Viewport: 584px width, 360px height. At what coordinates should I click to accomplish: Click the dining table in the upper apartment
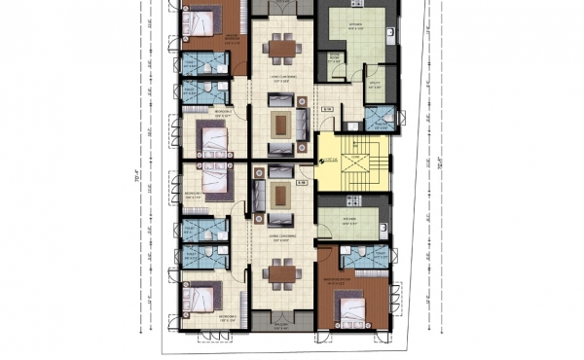pyautogui.click(x=283, y=47)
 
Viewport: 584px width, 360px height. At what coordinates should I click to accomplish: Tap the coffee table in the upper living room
pyautogui.click(x=282, y=122)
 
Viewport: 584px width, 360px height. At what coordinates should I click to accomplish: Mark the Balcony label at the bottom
pyautogui.click(x=283, y=327)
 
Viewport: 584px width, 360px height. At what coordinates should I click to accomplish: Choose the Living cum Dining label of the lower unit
pyautogui.click(x=283, y=238)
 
